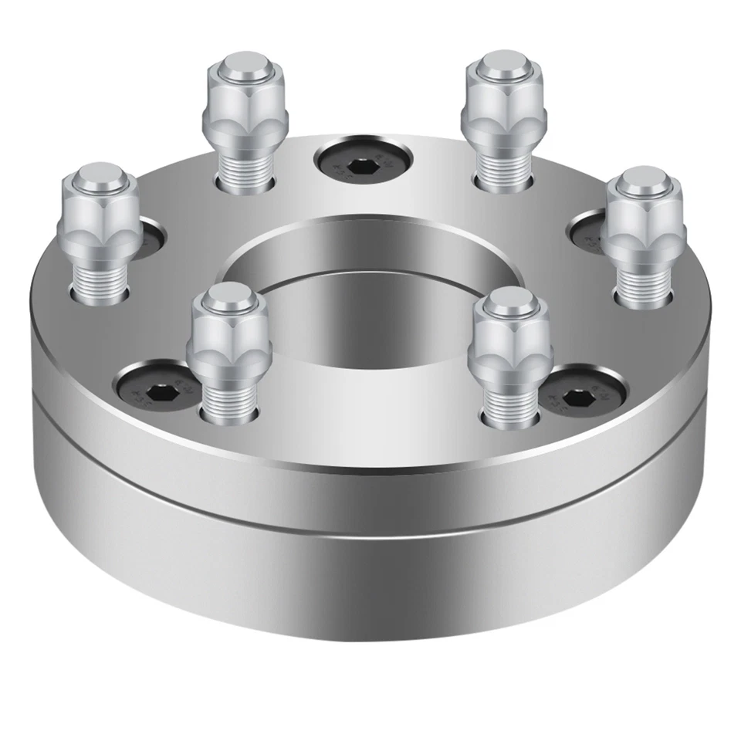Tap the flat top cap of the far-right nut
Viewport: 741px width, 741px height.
point(642,182)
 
